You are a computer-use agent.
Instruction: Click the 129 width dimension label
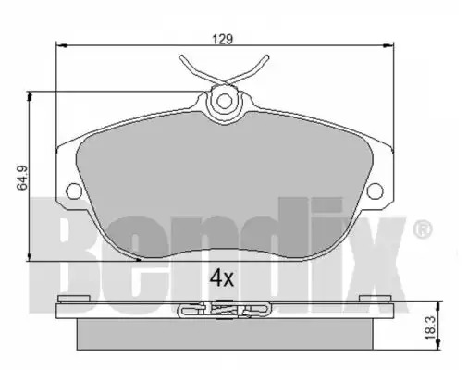[x=223, y=39]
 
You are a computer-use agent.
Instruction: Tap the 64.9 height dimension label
[x=22, y=178]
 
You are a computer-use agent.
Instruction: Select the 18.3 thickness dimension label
[x=432, y=327]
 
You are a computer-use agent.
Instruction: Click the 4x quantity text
[x=222, y=278]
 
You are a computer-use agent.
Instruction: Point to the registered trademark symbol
[x=423, y=228]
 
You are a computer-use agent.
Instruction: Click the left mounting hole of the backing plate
[x=74, y=191]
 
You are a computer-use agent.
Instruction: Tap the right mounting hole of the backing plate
[x=376, y=191]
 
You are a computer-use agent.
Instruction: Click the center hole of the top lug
[x=224, y=101]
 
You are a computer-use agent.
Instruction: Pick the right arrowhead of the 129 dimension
[x=388, y=46]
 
